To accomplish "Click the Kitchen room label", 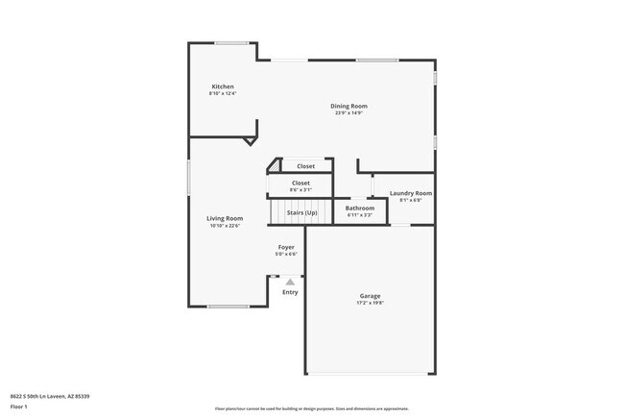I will coord(223,86).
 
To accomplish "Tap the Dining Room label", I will coord(348,106).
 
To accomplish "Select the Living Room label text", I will coord(225,218).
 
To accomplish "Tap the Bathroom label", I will coord(360,208).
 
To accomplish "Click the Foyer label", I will coord(286,247).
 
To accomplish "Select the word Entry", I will coord(290,292).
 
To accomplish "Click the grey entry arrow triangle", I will coord(290,282).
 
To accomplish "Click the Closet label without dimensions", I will coord(305,166).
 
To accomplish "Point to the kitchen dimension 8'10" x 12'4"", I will coord(223,93).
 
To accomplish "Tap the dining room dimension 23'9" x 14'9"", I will coord(348,112).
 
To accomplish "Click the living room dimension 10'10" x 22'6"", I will coord(225,226).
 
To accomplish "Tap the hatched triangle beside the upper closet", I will coord(274,165).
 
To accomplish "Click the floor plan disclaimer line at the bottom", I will coord(312,407).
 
